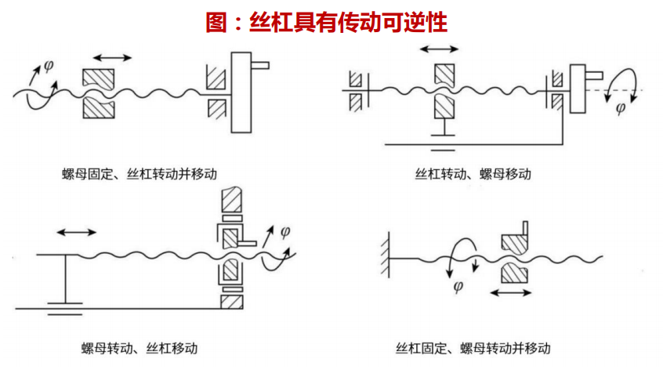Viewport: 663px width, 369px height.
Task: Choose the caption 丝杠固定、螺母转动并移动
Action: [x=473, y=347]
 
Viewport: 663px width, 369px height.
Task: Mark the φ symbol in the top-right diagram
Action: [x=621, y=108]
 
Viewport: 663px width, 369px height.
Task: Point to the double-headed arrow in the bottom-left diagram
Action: [x=77, y=232]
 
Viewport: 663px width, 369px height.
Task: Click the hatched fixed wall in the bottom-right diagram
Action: [x=384, y=254]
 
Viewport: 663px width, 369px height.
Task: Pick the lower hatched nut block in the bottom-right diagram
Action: [x=514, y=273]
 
